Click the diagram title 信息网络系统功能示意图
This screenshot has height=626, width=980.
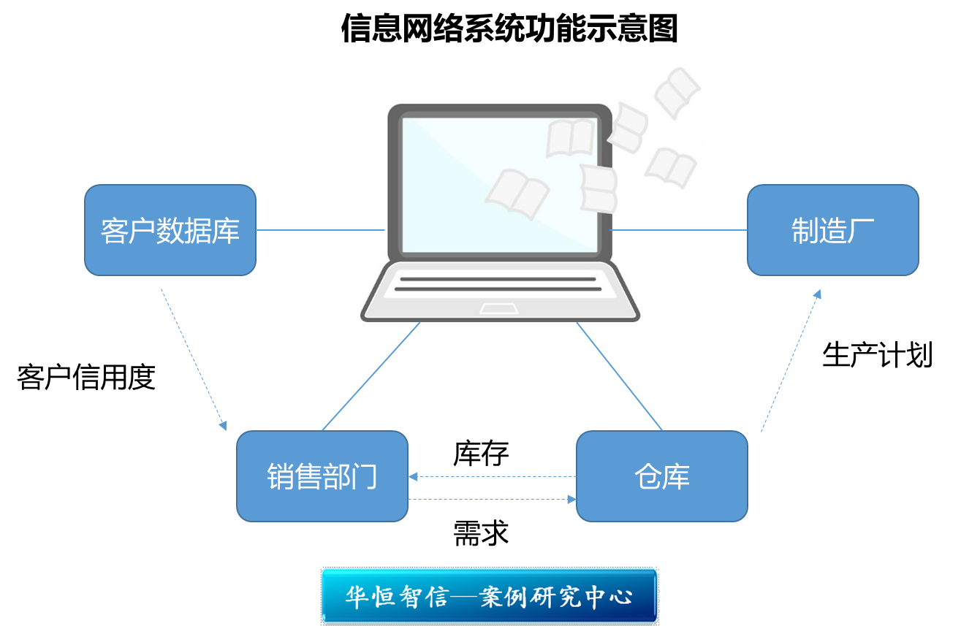tap(509, 29)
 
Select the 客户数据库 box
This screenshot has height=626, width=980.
tap(170, 230)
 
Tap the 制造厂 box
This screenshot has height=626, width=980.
tap(832, 230)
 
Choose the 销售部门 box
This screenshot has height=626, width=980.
tap(322, 476)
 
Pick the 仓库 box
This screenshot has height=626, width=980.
tap(661, 476)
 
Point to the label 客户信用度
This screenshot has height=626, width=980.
tap(86, 378)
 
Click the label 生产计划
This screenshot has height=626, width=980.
tap(877, 355)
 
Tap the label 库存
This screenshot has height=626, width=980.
tap(480, 454)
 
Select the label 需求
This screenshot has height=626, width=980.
tap(480, 533)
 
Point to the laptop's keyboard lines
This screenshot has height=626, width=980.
tap(498, 284)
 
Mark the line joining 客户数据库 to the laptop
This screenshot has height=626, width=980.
tap(320, 230)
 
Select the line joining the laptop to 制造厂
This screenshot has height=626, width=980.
tap(678, 230)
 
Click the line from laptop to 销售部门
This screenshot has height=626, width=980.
tap(371, 376)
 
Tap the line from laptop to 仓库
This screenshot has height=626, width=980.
tap(619, 376)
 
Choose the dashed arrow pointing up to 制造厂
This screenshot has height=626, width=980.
tap(791, 360)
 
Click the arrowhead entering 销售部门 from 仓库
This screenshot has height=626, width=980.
tap(414, 477)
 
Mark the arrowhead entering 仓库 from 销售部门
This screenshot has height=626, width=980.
tap(571, 500)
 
